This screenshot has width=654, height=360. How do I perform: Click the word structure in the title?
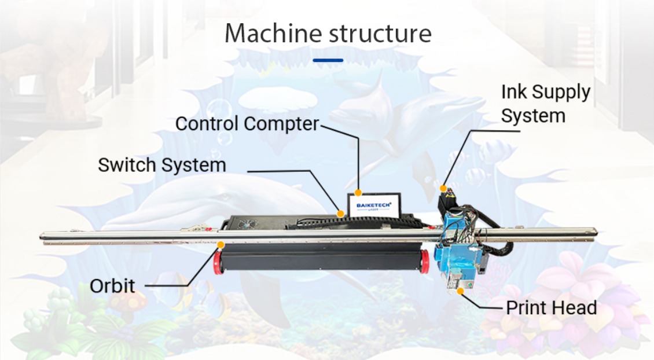coord(380,34)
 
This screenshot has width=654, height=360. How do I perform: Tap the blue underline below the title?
coord(328,60)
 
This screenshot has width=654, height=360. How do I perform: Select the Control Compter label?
coord(247,124)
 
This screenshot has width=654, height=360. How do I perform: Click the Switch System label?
coord(162,165)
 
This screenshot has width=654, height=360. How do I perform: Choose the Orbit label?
coord(112,285)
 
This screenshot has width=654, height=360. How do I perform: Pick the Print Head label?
coord(551,307)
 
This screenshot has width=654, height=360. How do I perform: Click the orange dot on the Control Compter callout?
coord(358,193)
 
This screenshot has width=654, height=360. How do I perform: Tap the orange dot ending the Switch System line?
coord(341,214)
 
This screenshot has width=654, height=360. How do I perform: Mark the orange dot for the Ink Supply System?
coord(443,188)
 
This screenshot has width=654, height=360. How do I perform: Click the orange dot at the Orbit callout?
coord(221,245)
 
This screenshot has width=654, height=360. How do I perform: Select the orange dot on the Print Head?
coord(460,290)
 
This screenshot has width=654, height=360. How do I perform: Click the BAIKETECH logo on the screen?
coord(373,205)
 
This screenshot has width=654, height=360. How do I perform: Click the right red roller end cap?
coord(425,262)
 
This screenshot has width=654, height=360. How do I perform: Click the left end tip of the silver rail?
coord(42,236)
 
